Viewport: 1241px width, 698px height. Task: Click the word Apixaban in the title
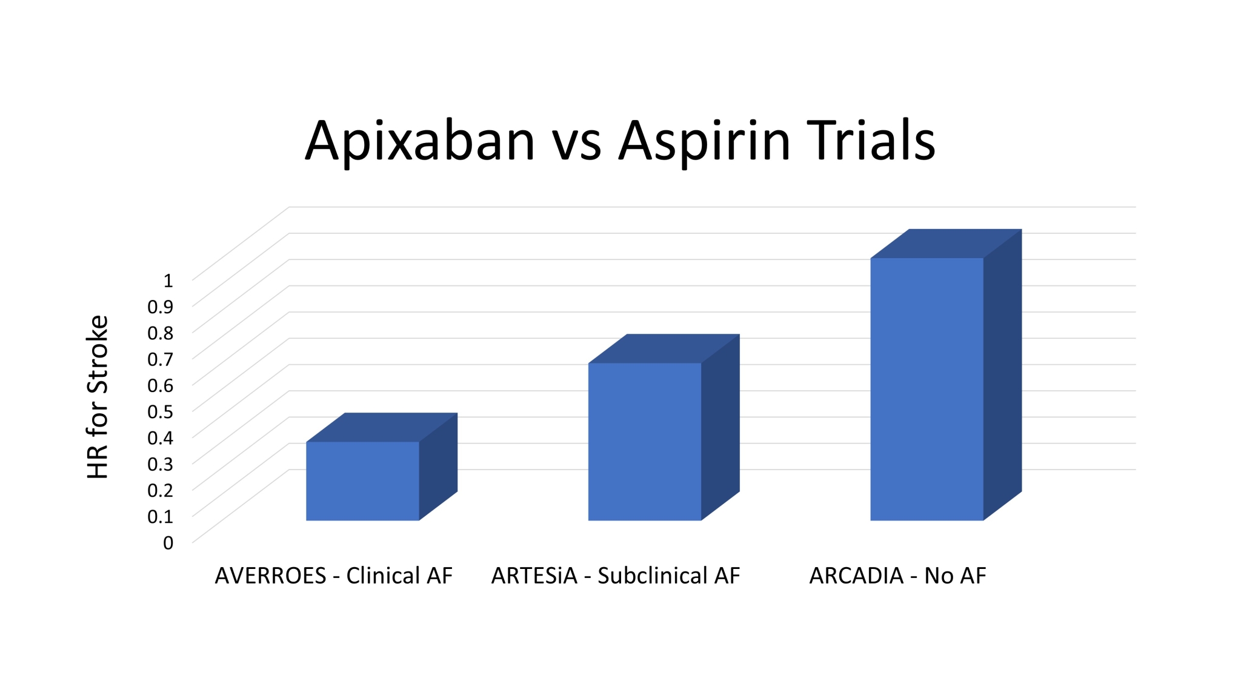pyautogui.click(x=420, y=142)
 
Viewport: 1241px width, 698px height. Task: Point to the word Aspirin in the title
pyautogui.click(x=705, y=142)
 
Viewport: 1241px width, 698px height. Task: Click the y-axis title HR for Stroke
pyautogui.click(x=97, y=397)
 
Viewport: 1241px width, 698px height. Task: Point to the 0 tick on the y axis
pyautogui.click(x=168, y=543)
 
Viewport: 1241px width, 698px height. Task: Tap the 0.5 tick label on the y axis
pyautogui.click(x=161, y=411)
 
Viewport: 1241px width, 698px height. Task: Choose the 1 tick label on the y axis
pyautogui.click(x=168, y=281)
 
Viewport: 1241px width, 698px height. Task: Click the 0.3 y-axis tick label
pyautogui.click(x=161, y=464)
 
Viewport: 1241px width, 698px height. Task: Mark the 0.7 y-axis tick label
pyautogui.click(x=161, y=359)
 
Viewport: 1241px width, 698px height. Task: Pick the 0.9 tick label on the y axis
pyautogui.click(x=161, y=307)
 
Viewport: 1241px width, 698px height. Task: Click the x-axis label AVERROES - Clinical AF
pyautogui.click(x=334, y=576)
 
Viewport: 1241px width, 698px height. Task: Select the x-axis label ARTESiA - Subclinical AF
pyautogui.click(x=616, y=576)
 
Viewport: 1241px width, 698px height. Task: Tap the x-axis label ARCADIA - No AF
pyautogui.click(x=898, y=576)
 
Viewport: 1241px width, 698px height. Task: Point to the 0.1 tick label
pyautogui.click(x=161, y=517)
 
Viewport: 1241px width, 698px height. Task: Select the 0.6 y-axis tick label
pyautogui.click(x=161, y=385)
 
